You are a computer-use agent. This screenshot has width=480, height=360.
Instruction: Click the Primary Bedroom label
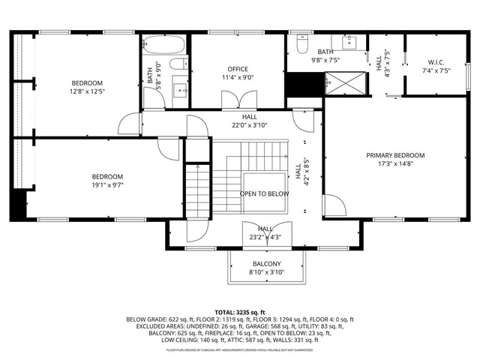(x=395, y=155)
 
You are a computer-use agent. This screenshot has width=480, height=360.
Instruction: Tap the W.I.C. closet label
(x=436, y=62)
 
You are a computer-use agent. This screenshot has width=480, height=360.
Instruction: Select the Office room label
(x=238, y=68)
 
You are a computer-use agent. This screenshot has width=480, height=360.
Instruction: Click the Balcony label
(x=266, y=264)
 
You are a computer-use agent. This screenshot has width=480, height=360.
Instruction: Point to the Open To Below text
(x=264, y=193)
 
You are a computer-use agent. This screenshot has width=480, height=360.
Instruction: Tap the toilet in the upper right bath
(x=301, y=45)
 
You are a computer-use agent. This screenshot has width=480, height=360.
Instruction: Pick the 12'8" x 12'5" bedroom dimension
(x=87, y=91)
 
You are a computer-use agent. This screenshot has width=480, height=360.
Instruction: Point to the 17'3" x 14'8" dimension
(x=395, y=164)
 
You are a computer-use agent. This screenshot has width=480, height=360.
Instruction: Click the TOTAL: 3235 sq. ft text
(x=240, y=311)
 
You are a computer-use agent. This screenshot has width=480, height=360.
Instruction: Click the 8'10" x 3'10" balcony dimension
(x=266, y=272)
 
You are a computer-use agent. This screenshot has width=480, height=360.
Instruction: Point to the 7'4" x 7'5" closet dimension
(x=436, y=70)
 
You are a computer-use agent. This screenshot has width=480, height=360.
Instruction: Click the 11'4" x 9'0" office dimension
(x=238, y=76)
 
